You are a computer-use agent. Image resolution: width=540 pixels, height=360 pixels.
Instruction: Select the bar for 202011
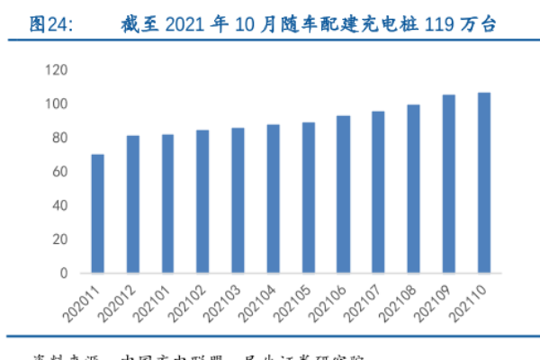click(98, 213)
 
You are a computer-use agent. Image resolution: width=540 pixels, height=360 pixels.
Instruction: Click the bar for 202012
click(133, 204)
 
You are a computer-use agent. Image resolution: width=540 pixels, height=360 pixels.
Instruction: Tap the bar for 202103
click(238, 200)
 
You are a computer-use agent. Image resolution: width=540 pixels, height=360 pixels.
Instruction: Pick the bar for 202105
click(309, 197)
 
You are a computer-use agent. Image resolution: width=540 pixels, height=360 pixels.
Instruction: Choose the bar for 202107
click(379, 192)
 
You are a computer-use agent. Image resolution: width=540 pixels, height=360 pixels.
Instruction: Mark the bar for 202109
click(449, 184)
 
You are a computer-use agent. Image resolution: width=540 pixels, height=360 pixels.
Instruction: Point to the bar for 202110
click(484, 183)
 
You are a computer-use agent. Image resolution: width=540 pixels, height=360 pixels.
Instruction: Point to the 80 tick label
click(59, 138)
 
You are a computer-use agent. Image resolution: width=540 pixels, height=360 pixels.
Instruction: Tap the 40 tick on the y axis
click(59, 205)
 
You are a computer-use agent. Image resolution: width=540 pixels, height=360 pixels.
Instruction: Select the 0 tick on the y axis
click(63, 273)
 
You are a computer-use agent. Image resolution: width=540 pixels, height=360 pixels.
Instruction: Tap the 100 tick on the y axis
click(56, 104)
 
